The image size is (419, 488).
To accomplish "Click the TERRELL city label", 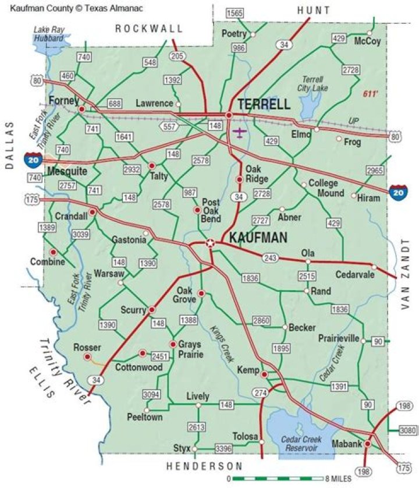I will coord(264,104).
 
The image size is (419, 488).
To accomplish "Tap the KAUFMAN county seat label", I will coord(258,238).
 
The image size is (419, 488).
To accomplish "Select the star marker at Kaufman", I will coord(210,243).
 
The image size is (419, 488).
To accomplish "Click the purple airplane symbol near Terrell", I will coord(239,132).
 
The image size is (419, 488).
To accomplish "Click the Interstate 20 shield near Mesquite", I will coord(32,158).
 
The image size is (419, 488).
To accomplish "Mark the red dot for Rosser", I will coord(87,356).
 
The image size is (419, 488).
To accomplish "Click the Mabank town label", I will coord(343,444).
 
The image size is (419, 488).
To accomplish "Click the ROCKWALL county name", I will coord(148,28).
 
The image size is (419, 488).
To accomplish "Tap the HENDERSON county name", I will coord(204,466).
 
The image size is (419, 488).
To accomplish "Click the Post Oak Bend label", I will coord(211,210).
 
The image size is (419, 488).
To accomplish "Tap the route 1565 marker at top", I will coord(235,13).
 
